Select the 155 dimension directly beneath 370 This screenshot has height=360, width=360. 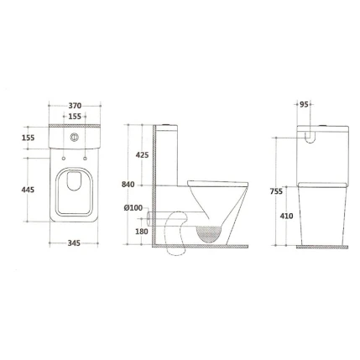point(75,116)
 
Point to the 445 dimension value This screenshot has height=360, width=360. point(29,190)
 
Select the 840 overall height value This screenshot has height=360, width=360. point(128,184)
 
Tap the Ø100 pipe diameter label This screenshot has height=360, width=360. point(133,206)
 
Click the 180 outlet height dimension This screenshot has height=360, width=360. point(141,231)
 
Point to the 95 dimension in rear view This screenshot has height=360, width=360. point(304,106)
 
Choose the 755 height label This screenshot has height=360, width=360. point(276,191)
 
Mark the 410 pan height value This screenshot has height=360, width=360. point(286,216)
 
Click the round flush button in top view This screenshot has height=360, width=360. point(75,137)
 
